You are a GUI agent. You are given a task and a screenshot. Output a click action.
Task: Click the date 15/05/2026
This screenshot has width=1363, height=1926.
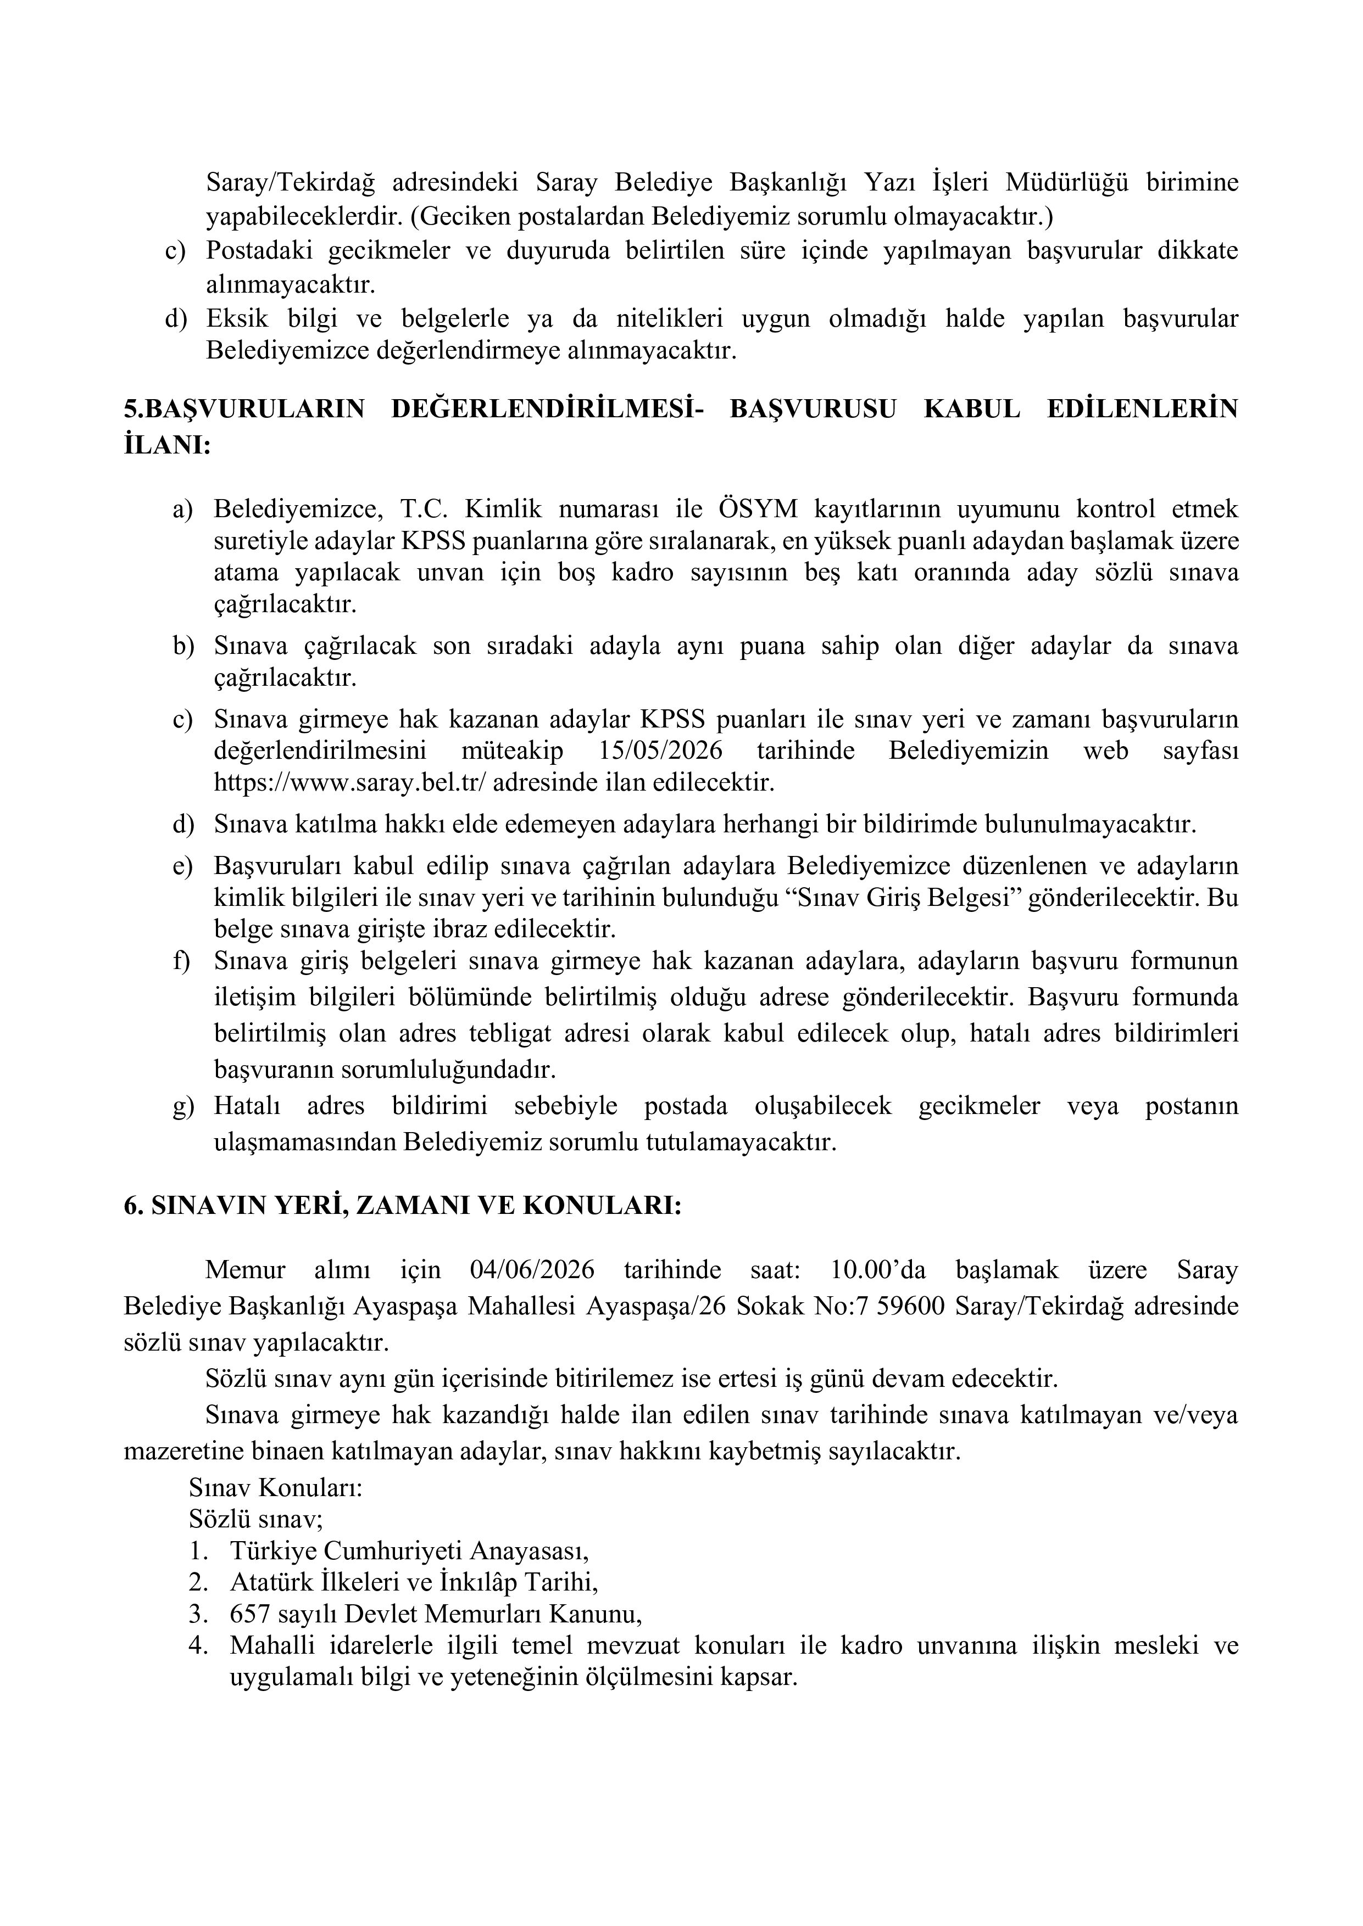click(664, 750)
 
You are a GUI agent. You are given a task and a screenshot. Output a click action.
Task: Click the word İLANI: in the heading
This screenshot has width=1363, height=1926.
click(167, 445)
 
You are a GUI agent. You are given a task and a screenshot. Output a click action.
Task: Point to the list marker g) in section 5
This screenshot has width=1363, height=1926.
click(183, 1106)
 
